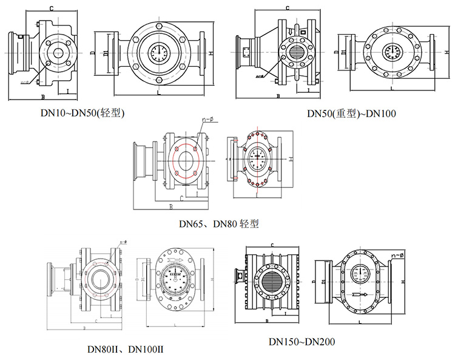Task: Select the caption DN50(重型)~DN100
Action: click(x=343, y=114)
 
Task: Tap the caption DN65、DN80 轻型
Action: click(x=218, y=224)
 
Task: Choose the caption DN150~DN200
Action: click(x=302, y=342)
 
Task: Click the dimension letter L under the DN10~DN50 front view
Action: click(x=158, y=95)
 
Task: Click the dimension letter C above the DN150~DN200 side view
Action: click(x=272, y=245)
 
